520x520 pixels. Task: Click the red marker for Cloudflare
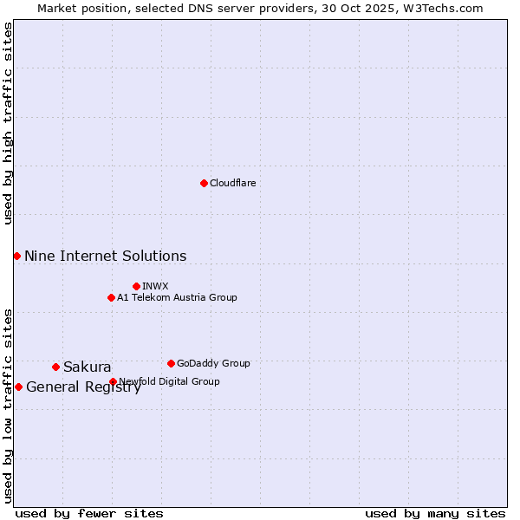coord(204,183)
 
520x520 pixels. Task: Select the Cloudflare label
coord(232,183)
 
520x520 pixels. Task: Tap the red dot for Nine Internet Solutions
coord(16,256)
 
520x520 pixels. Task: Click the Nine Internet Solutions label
coord(105,257)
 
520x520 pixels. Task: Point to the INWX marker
coord(136,286)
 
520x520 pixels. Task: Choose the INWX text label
coord(155,286)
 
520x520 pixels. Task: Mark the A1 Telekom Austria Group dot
coord(111,297)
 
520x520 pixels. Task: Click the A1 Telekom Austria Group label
coord(177,297)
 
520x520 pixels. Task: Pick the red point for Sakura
coord(55,367)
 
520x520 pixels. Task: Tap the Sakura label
coord(87,367)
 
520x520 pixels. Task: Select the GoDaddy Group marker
coord(171,363)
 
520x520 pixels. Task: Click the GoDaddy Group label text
coord(213,363)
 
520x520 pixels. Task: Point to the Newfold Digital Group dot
coord(113,381)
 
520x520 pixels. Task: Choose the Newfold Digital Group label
coord(169,381)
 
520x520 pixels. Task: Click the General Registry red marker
coord(18,387)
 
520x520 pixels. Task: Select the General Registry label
coord(83,387)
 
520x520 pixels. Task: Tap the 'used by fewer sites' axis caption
coord(89,513)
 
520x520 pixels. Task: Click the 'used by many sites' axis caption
coord(435,513)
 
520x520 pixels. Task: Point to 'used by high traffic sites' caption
coord(8,123)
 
